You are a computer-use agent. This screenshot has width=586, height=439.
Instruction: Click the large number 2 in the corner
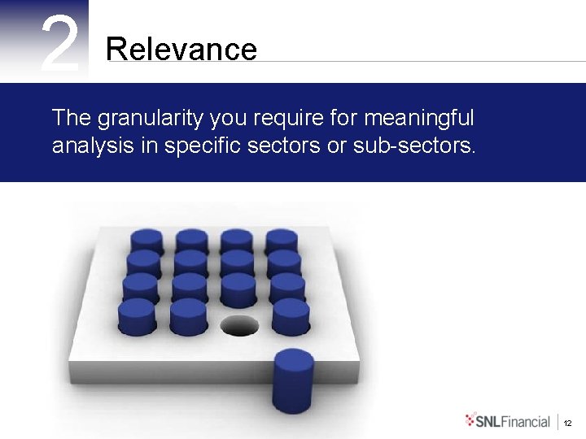[x=60, y=45]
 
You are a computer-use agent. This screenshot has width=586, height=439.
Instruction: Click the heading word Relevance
[x=181, y=50]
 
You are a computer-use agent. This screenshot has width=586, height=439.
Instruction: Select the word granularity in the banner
[x=151, y=119]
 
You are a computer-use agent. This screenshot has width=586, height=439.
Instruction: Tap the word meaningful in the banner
[x=418, y=119]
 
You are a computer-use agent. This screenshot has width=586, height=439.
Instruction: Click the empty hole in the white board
[x=238, y=326]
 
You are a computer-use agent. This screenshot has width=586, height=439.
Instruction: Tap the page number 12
[x=567, y=423]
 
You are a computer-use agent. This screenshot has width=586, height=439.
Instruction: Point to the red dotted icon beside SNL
[x=471, y=420]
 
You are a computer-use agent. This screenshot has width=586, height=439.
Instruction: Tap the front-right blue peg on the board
[x=291, y=316]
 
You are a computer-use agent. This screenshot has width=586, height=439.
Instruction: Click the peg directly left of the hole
[x=187, y=316]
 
